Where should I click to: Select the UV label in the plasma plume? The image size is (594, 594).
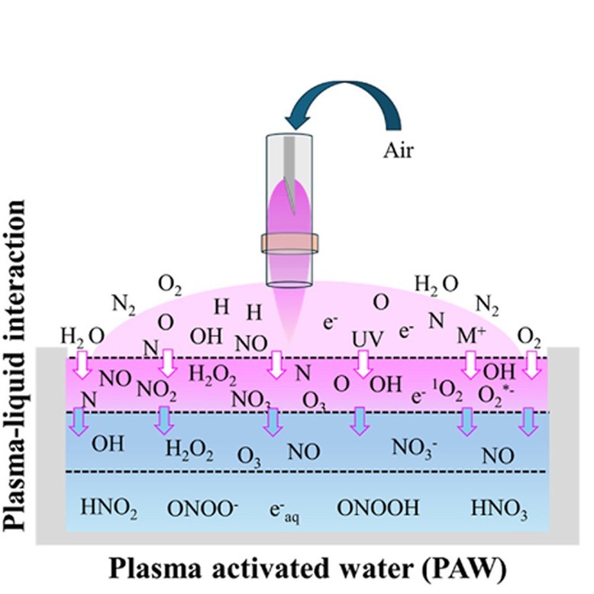365,337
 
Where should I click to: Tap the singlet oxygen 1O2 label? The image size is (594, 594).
448,396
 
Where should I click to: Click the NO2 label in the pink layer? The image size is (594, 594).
157,390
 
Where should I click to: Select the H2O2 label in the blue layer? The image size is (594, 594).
189,450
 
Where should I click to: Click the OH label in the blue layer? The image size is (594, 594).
107,443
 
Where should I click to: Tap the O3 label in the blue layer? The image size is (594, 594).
250,456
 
